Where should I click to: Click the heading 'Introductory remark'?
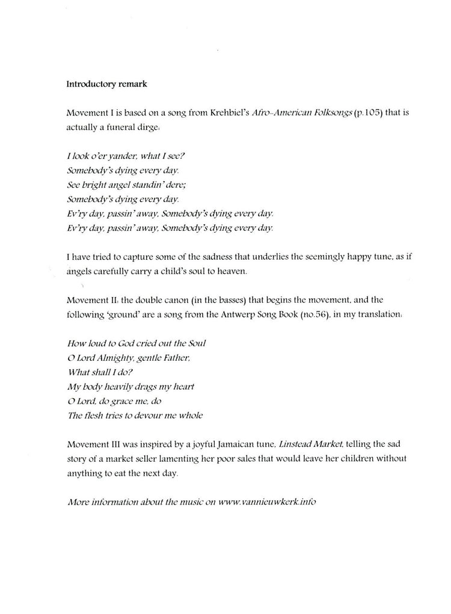106,84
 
